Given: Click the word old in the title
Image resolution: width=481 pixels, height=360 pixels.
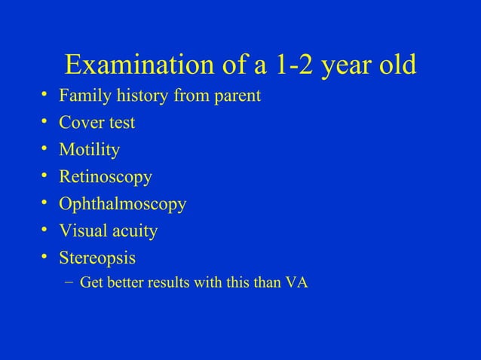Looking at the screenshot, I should [398, 66].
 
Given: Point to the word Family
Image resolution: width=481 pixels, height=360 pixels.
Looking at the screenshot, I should [87, 97].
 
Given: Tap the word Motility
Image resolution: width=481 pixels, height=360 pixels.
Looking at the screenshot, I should [93, 151].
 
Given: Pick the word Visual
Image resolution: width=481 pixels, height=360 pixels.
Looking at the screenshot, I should [85, 231].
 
